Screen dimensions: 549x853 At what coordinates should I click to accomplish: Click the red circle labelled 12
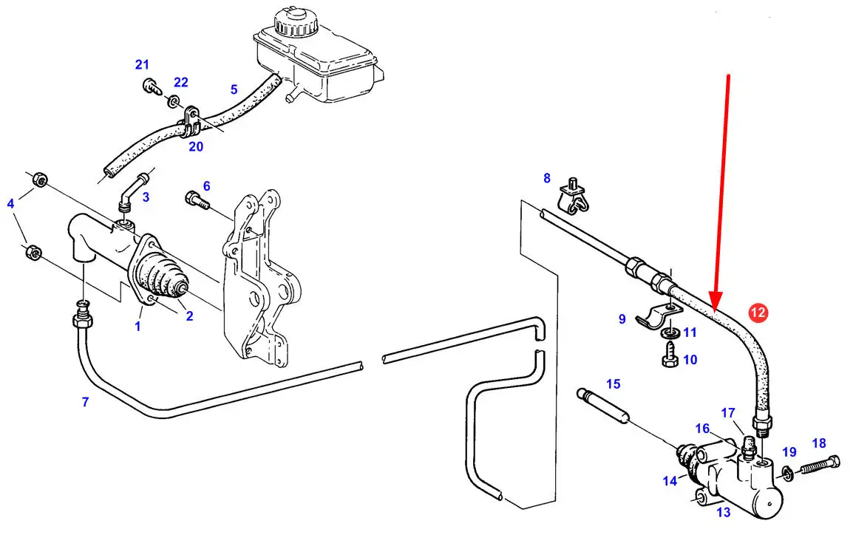tap(758, 313)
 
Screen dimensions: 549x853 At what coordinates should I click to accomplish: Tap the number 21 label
tap(142, 64)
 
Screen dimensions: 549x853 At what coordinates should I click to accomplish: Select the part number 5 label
tap(234, 90)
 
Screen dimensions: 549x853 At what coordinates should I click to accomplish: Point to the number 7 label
tap(85, 402)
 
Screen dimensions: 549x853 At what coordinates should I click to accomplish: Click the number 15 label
tap(614, 384)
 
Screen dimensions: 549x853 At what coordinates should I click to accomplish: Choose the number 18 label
tap(818, 443)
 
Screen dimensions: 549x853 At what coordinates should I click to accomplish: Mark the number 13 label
tap(723, 512)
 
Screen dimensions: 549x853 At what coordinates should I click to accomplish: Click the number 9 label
tap(622, 319)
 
